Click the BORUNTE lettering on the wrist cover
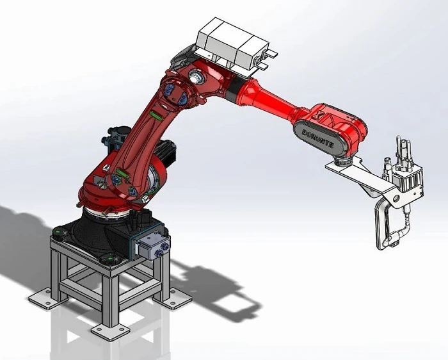[x=317, y=138]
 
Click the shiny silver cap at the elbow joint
[x=196, y=77]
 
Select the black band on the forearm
[x=234, y=88]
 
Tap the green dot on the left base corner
[x=59, y=231]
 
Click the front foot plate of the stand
[x=109, y=331]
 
